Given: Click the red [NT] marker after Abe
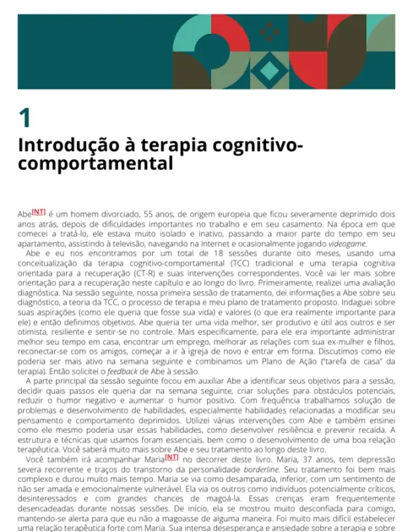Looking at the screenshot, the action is point(39,212).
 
